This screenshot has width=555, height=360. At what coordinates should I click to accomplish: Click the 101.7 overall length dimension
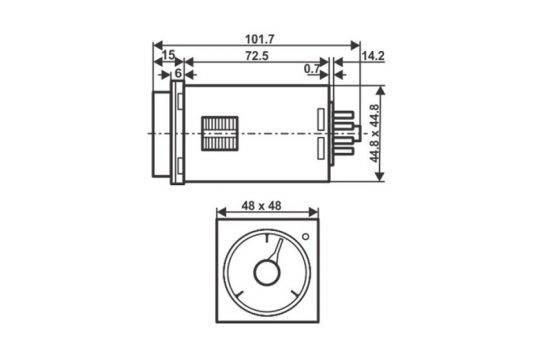[x=260, y=39]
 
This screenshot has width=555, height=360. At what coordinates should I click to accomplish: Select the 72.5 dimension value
[x=257, y=56]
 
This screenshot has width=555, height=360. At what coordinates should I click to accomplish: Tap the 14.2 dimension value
[x=373, y=56]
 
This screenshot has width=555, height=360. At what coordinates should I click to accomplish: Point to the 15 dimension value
[x=168, y=55]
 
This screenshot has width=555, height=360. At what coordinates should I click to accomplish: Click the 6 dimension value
[x=178, y=73]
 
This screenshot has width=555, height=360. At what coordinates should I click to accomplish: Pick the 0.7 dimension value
[x=312, y=69]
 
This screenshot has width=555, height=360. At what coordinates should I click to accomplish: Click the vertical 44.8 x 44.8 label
[x=374, y=133]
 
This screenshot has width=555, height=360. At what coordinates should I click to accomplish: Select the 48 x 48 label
[x=261, y=206]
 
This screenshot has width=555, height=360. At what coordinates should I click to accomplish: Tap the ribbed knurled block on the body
[x=219, y=133]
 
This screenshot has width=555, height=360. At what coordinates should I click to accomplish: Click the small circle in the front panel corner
[x=305, y=236]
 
